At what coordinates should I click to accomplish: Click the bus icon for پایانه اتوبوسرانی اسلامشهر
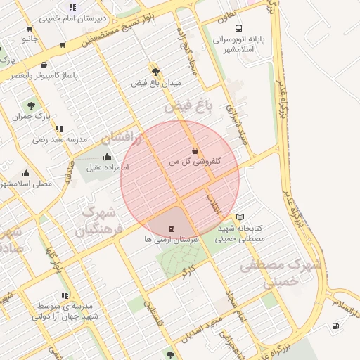(x=239, y=29)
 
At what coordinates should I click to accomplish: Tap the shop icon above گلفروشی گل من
(x=195, y=150)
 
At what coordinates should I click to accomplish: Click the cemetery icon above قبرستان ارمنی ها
(x=172, y=229)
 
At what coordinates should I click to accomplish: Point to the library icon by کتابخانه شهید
(x=241, y=218)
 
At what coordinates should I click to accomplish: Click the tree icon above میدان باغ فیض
(x=155, y=71)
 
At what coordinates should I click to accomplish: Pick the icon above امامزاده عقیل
(x=107, y=157)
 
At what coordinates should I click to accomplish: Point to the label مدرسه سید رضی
(x=60, y=140)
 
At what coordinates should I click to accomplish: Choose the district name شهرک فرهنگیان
(x=98, y=220)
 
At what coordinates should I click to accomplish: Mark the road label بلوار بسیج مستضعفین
(x=127, y=27)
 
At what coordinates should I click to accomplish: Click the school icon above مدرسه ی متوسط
(x=65, y=295)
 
